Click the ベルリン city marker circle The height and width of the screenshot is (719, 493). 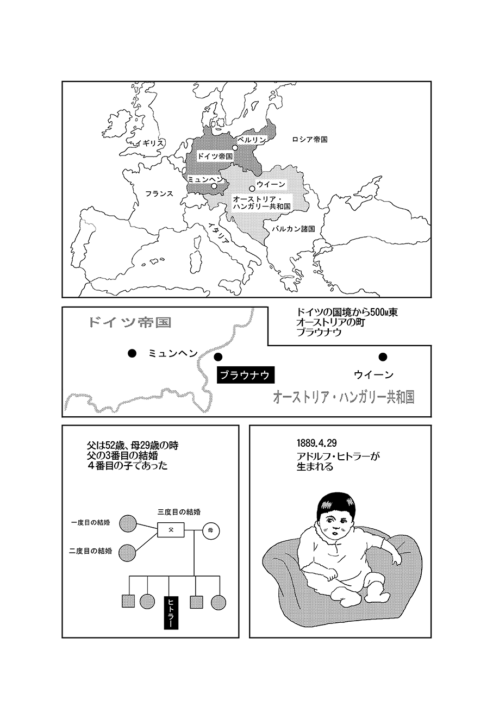pos(235,148)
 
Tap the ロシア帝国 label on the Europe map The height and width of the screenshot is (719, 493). pos(309,139)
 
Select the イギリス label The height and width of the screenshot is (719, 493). pos(149,143)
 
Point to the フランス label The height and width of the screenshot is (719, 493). pos(159,193)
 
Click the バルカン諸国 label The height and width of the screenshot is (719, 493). pos(293,229)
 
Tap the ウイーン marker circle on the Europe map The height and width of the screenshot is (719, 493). pos(252,189)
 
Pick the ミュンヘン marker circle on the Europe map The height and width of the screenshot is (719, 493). pos(214,186)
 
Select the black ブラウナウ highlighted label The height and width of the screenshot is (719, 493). pos(246,375)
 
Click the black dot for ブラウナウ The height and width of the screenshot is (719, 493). pos(218,357)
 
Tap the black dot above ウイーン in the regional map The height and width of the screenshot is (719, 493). pos(383,357)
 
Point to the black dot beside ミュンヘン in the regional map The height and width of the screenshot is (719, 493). pos(132,353)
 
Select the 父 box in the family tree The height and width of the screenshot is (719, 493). pos(171,530)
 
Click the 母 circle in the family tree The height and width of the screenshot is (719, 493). pos(211,530)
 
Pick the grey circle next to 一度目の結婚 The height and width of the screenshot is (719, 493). pos(128,523)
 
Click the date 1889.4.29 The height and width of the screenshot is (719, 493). pos(316,443)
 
